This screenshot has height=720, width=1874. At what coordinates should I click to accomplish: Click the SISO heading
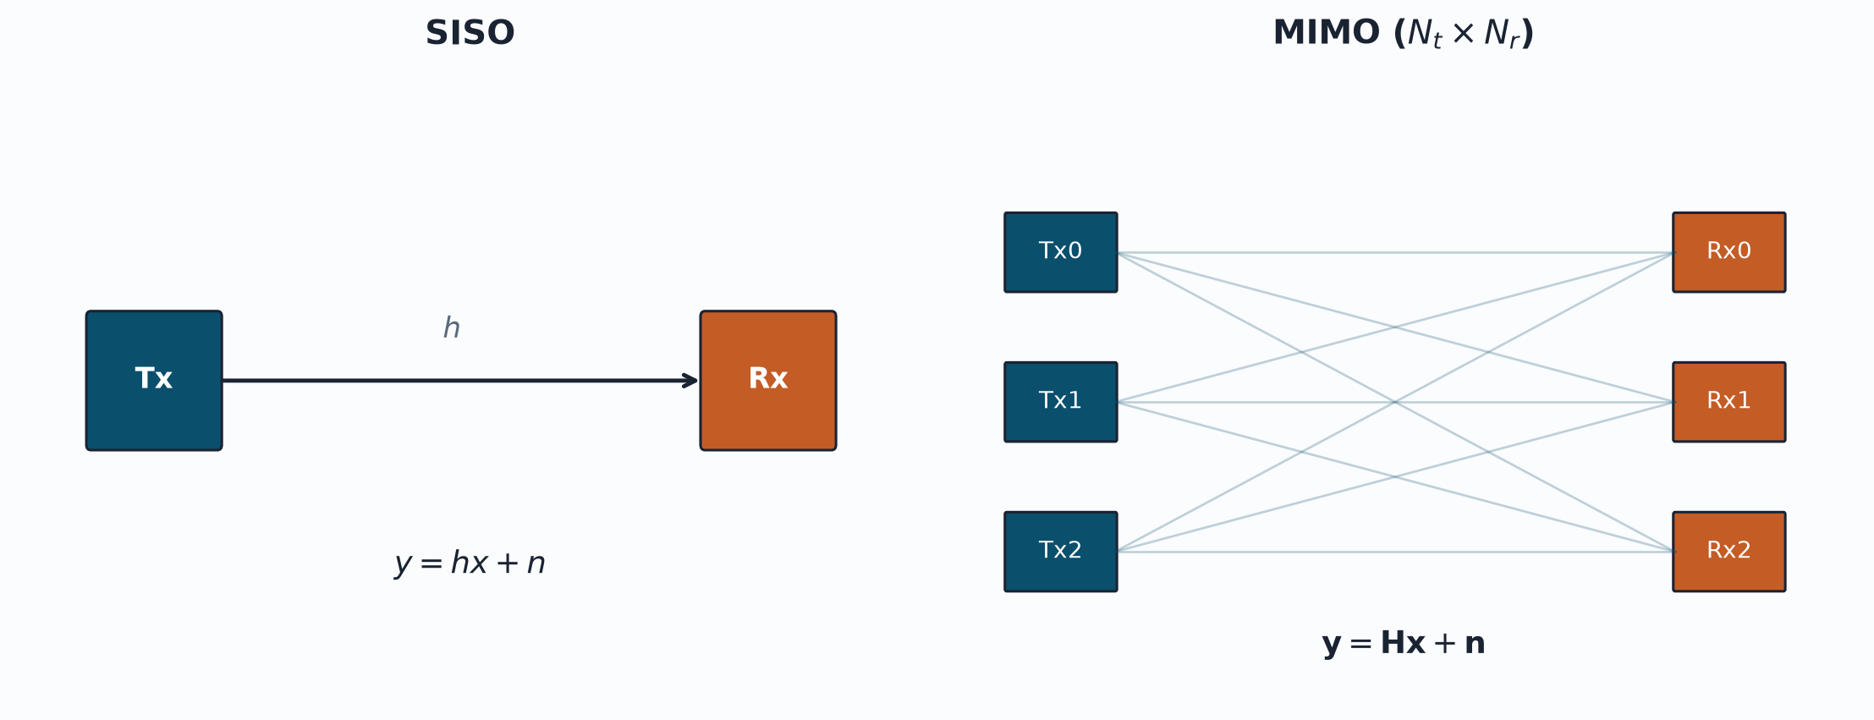[x=470, y=34]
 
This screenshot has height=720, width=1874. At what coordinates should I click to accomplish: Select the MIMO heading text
[x=1403, y=34]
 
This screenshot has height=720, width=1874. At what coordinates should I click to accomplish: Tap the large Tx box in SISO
[x=154, y=381]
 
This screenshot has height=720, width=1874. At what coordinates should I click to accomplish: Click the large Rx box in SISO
[x=768, y=381]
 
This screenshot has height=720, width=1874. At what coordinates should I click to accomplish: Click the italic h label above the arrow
[x=452, y=327]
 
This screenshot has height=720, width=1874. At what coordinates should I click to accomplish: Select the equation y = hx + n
[x=470, y=563]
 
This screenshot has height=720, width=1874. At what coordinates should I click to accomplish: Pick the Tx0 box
[x=1061, y=252]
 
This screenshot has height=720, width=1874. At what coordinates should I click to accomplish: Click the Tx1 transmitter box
[x=1061, y=402]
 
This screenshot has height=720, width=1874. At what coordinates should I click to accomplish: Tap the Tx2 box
[x=1061, y=552]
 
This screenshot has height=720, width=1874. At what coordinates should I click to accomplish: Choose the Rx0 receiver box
[x=1729, y=252]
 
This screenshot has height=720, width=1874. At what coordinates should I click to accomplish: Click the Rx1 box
[x=1729, y=402]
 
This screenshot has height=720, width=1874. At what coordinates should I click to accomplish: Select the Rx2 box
[x=1729, y=552]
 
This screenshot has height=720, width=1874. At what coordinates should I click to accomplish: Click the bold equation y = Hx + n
[x=1404, y=644]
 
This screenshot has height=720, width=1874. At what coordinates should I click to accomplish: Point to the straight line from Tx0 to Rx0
[x=1395, y=252]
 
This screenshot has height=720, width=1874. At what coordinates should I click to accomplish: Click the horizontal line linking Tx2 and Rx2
[x=1395, y=552]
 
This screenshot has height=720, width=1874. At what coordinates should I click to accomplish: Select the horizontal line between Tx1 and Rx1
[x=1395, y=402]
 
